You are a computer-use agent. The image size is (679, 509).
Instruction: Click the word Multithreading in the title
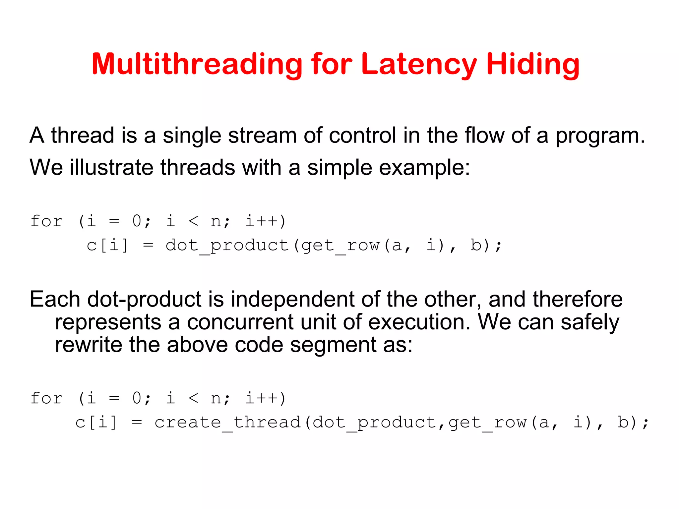[x=197, y=65]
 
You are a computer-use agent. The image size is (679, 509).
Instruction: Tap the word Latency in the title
[x=419, y=65]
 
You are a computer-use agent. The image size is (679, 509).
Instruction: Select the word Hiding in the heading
[x=533, y=65]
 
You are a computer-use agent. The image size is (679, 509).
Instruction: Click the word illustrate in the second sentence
[x=111, y=167]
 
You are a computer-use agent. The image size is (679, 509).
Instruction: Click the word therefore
[x=578, y=299]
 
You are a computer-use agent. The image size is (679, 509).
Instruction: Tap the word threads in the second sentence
[x=198, y=167]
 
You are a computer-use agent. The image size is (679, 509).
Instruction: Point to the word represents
[x=108, y=323]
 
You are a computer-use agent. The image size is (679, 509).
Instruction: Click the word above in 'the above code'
[x=197, y=345]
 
